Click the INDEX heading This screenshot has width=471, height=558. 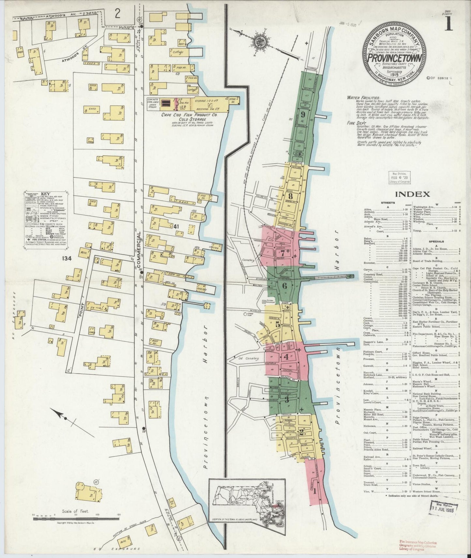click(412, 194)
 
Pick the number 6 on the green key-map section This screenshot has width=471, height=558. click(284, 286)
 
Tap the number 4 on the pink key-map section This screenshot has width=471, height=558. click(286, 356)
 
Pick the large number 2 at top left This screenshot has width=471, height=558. click(117, 14)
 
